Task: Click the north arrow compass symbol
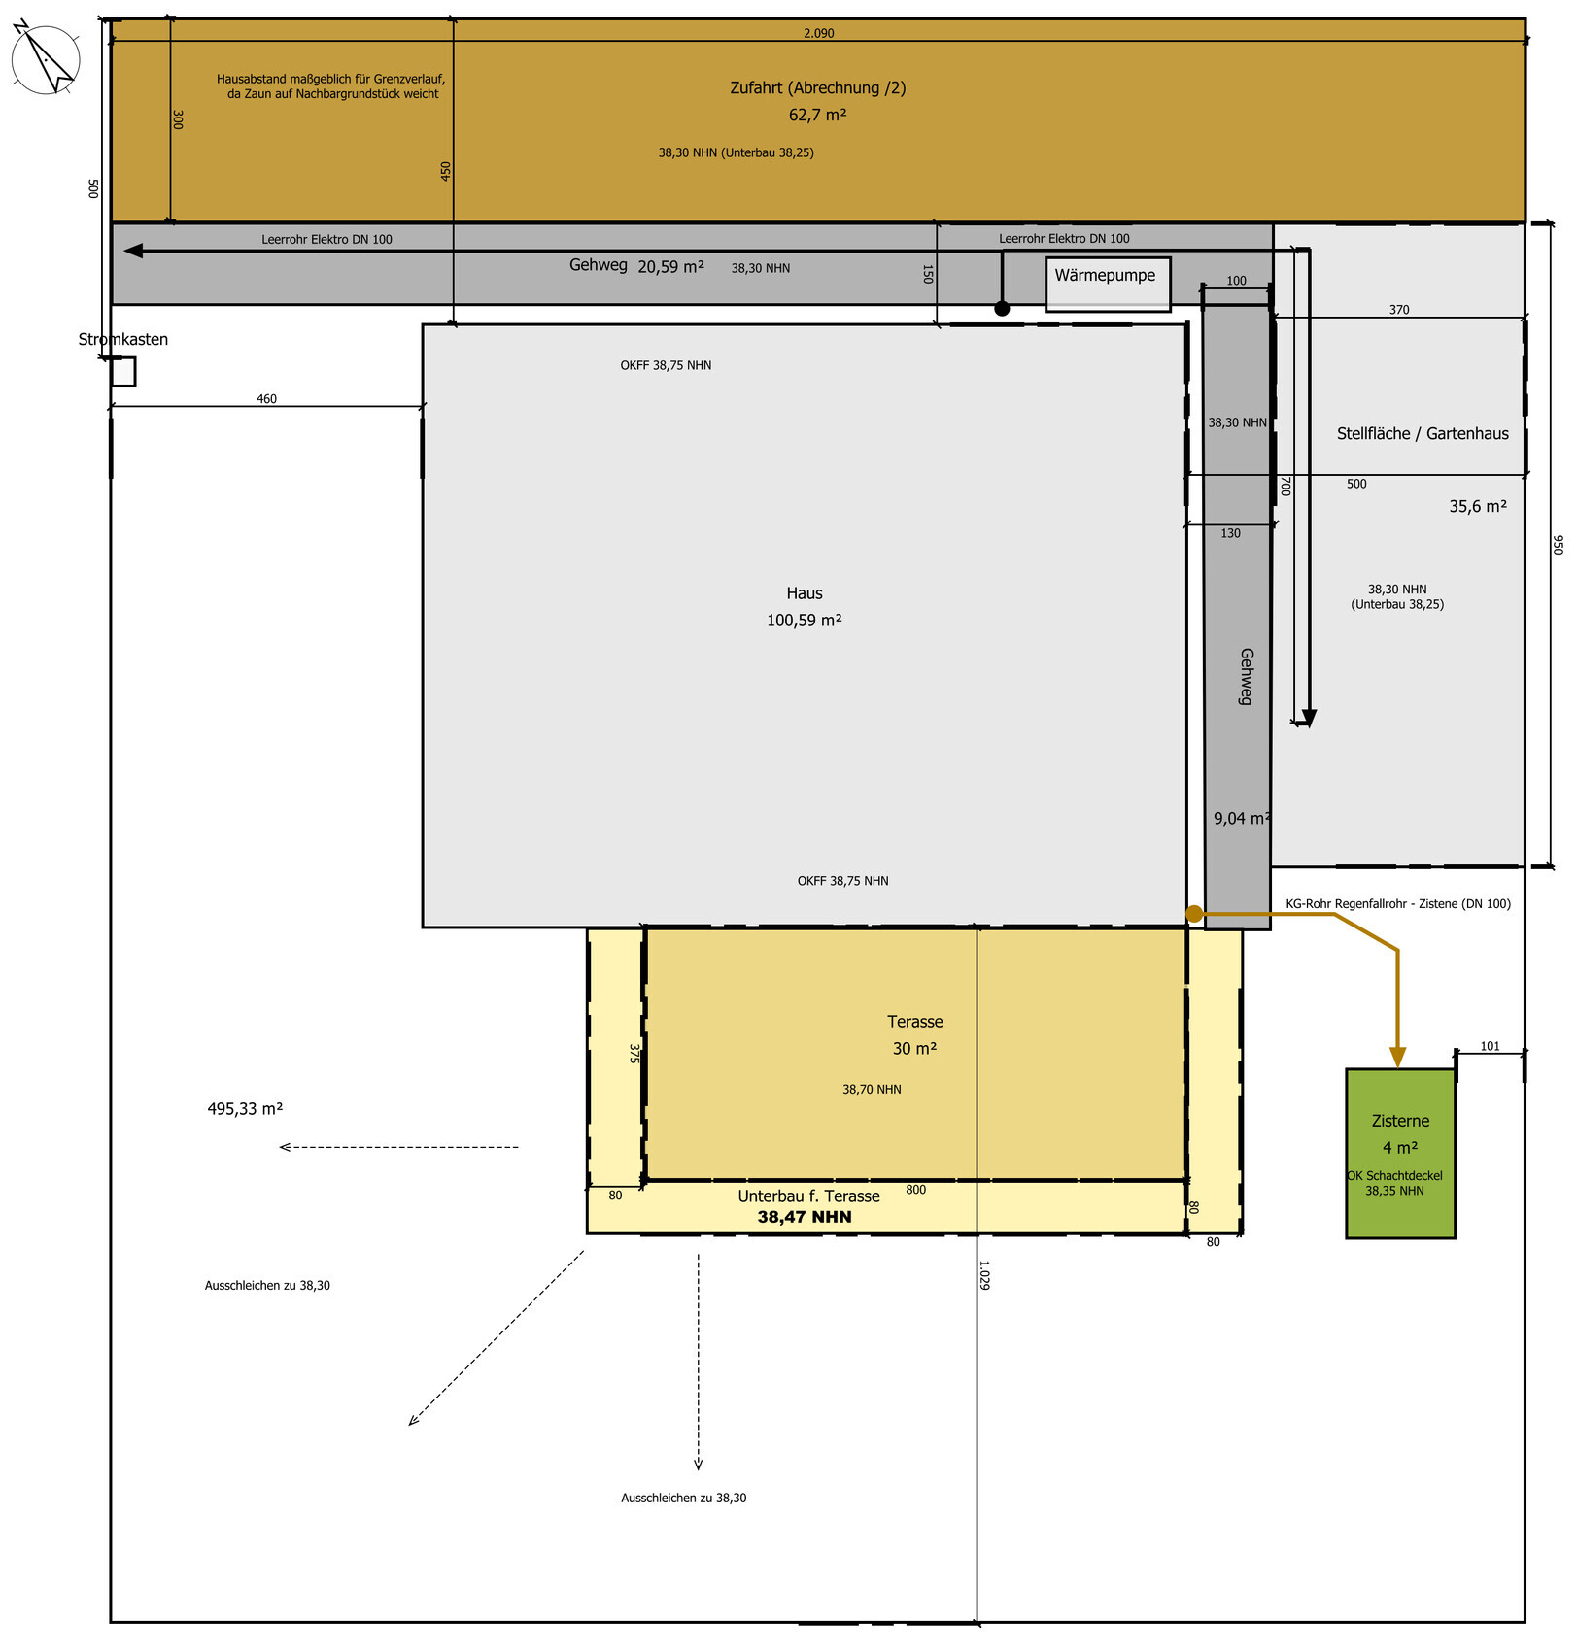coord(45,58)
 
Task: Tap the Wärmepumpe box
coord(1108,284)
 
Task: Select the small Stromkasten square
coord(122,372)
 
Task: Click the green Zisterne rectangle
coord(1400,1154)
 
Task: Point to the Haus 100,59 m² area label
coord(805,607)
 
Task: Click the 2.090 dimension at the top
coord(819,33)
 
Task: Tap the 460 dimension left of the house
coord(266,399)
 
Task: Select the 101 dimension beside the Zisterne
coord(1491,1046)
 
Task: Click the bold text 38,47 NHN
coord(805,1217)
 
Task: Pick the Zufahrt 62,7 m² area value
coord(817,115)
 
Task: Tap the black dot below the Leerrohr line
coord(1002,309)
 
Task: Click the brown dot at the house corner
coord(1194,914)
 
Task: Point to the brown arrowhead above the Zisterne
coord(1397,1057)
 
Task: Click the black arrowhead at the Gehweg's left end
coord(134,251)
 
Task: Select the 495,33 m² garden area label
coord(245,1108)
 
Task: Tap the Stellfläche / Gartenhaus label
coord(1423,434)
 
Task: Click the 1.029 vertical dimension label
coord(984,1275)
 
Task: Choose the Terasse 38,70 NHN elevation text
coord(872,1090)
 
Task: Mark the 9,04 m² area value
coord(1242,819)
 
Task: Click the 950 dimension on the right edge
coord(1558,545)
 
